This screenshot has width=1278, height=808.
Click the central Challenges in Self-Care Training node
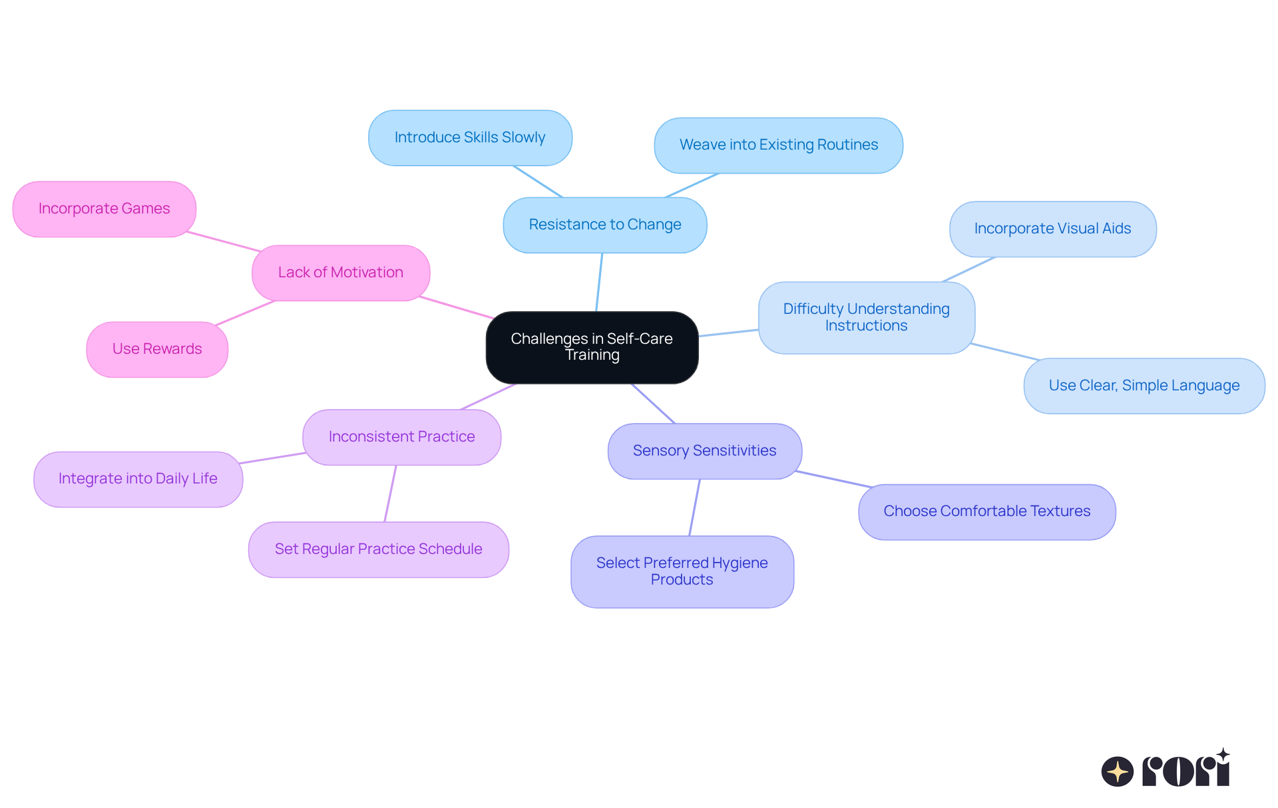tap(592, 347)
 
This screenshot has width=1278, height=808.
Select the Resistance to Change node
tap(604, 225)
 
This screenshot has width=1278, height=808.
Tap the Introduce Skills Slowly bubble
tap(470, 138)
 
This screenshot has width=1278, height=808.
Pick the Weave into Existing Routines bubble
tap(778, 145)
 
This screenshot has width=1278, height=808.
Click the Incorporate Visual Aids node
tap(1052, 229)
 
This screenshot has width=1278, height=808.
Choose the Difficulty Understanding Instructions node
tap(866, 317)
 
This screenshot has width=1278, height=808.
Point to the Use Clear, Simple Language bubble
tap(1144, 386)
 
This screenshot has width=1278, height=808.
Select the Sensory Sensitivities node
tap(704, 451)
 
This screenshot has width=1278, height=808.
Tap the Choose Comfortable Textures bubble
tap(986, 511)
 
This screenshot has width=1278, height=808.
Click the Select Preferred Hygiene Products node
tap(682, 571)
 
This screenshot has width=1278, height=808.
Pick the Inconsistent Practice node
tap(401, 437)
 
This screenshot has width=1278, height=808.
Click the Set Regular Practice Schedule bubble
tap(378, 549)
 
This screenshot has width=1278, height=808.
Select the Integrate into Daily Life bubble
tap(138, 479)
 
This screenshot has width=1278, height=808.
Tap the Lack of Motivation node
tap(340, 273)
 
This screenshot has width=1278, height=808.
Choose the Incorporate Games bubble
tap(104, 209)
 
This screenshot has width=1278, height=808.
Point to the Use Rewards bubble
tap(157, 349)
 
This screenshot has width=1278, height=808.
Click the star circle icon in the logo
tap(1117, 771)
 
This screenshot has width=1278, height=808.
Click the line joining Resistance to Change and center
tap(599, 282)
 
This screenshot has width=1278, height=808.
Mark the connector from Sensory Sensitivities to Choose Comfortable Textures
tap(832, 479)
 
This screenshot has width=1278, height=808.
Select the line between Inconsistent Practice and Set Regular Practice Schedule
tap(390, 493)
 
